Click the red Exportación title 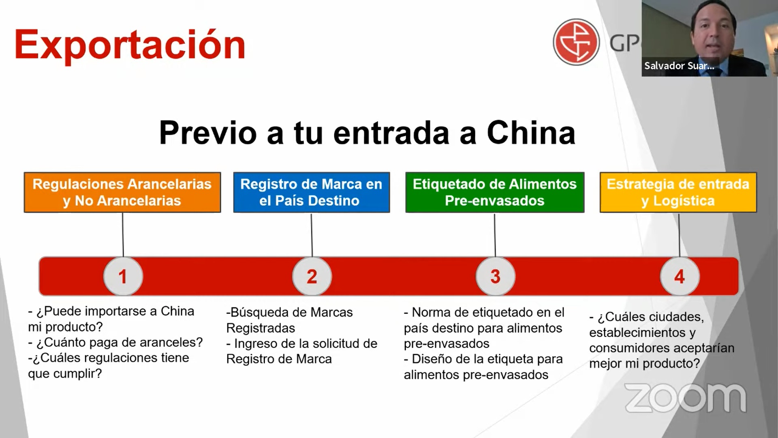[x=130, y=45]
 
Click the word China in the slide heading [x=531, y=133]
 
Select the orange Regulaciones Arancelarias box [x=122, y=192]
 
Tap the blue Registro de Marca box [x=311, y=192]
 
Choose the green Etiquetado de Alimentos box [x=495, y=192]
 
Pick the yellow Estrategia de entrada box [x=678, y=192]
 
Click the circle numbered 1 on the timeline [x=123, y=276]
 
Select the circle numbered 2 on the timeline [x=312, y=276]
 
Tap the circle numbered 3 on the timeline [x=496, y=276]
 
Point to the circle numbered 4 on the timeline [x=680, y=276]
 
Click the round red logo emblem [x=576, y=42]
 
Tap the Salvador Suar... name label [x=679, y=66]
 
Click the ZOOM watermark [x=685, y=398]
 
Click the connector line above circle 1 [x=123, y=235]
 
